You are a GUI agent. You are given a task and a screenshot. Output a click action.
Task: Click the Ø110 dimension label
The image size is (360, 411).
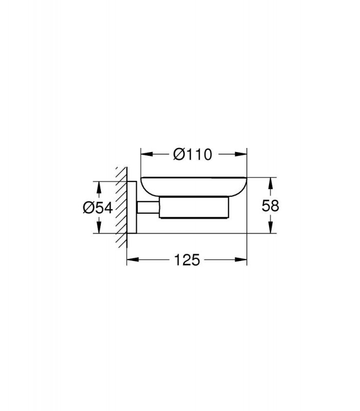192,155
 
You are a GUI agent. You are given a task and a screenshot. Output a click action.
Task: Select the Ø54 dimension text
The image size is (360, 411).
98,208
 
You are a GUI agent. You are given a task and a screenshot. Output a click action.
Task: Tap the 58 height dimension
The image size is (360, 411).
271,206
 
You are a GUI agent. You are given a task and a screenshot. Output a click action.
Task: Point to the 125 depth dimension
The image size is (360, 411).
187,260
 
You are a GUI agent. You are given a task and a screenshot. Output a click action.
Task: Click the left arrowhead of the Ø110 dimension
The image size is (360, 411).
147,155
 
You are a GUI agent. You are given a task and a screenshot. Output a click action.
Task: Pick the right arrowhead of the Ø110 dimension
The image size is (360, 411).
241,155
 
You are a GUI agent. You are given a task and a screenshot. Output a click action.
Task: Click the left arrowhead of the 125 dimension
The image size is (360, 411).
133,260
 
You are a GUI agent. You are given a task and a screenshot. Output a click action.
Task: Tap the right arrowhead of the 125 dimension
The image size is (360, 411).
241,260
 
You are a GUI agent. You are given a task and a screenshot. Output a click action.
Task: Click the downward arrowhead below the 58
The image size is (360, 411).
271,227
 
